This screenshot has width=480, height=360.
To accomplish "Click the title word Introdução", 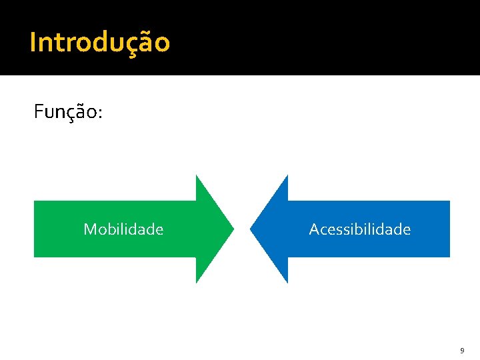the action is (x=100, y=43).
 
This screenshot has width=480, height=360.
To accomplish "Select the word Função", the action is (x=65, y=112).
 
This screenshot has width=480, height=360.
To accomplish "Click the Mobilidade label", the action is (x=123, y=229).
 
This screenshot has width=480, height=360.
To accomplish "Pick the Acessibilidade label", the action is (x=360, y=229).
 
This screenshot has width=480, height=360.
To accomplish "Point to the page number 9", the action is (x=462, y=350).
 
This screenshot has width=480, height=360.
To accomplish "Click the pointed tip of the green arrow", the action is (x=233, y=229).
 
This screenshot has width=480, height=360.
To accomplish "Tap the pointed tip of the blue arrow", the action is (x=251, y=229).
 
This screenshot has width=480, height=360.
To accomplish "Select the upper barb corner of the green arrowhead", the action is (x=196, y=175).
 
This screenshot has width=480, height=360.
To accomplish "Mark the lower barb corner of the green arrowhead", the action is (x=196, y=283).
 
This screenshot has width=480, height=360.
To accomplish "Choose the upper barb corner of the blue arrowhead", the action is (x=287, y=175).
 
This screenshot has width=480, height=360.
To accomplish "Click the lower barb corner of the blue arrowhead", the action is (x=287, y=283).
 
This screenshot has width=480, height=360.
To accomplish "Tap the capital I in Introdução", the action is (x=33, y=43).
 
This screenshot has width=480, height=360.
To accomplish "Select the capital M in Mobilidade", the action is (x=89, y=229).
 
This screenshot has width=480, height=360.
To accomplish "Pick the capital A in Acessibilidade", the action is (x=314, y=229).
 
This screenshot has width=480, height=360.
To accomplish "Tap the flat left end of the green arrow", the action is (x=35, y=229).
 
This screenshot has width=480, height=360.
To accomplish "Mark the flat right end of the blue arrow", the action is (x=449, y=229).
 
